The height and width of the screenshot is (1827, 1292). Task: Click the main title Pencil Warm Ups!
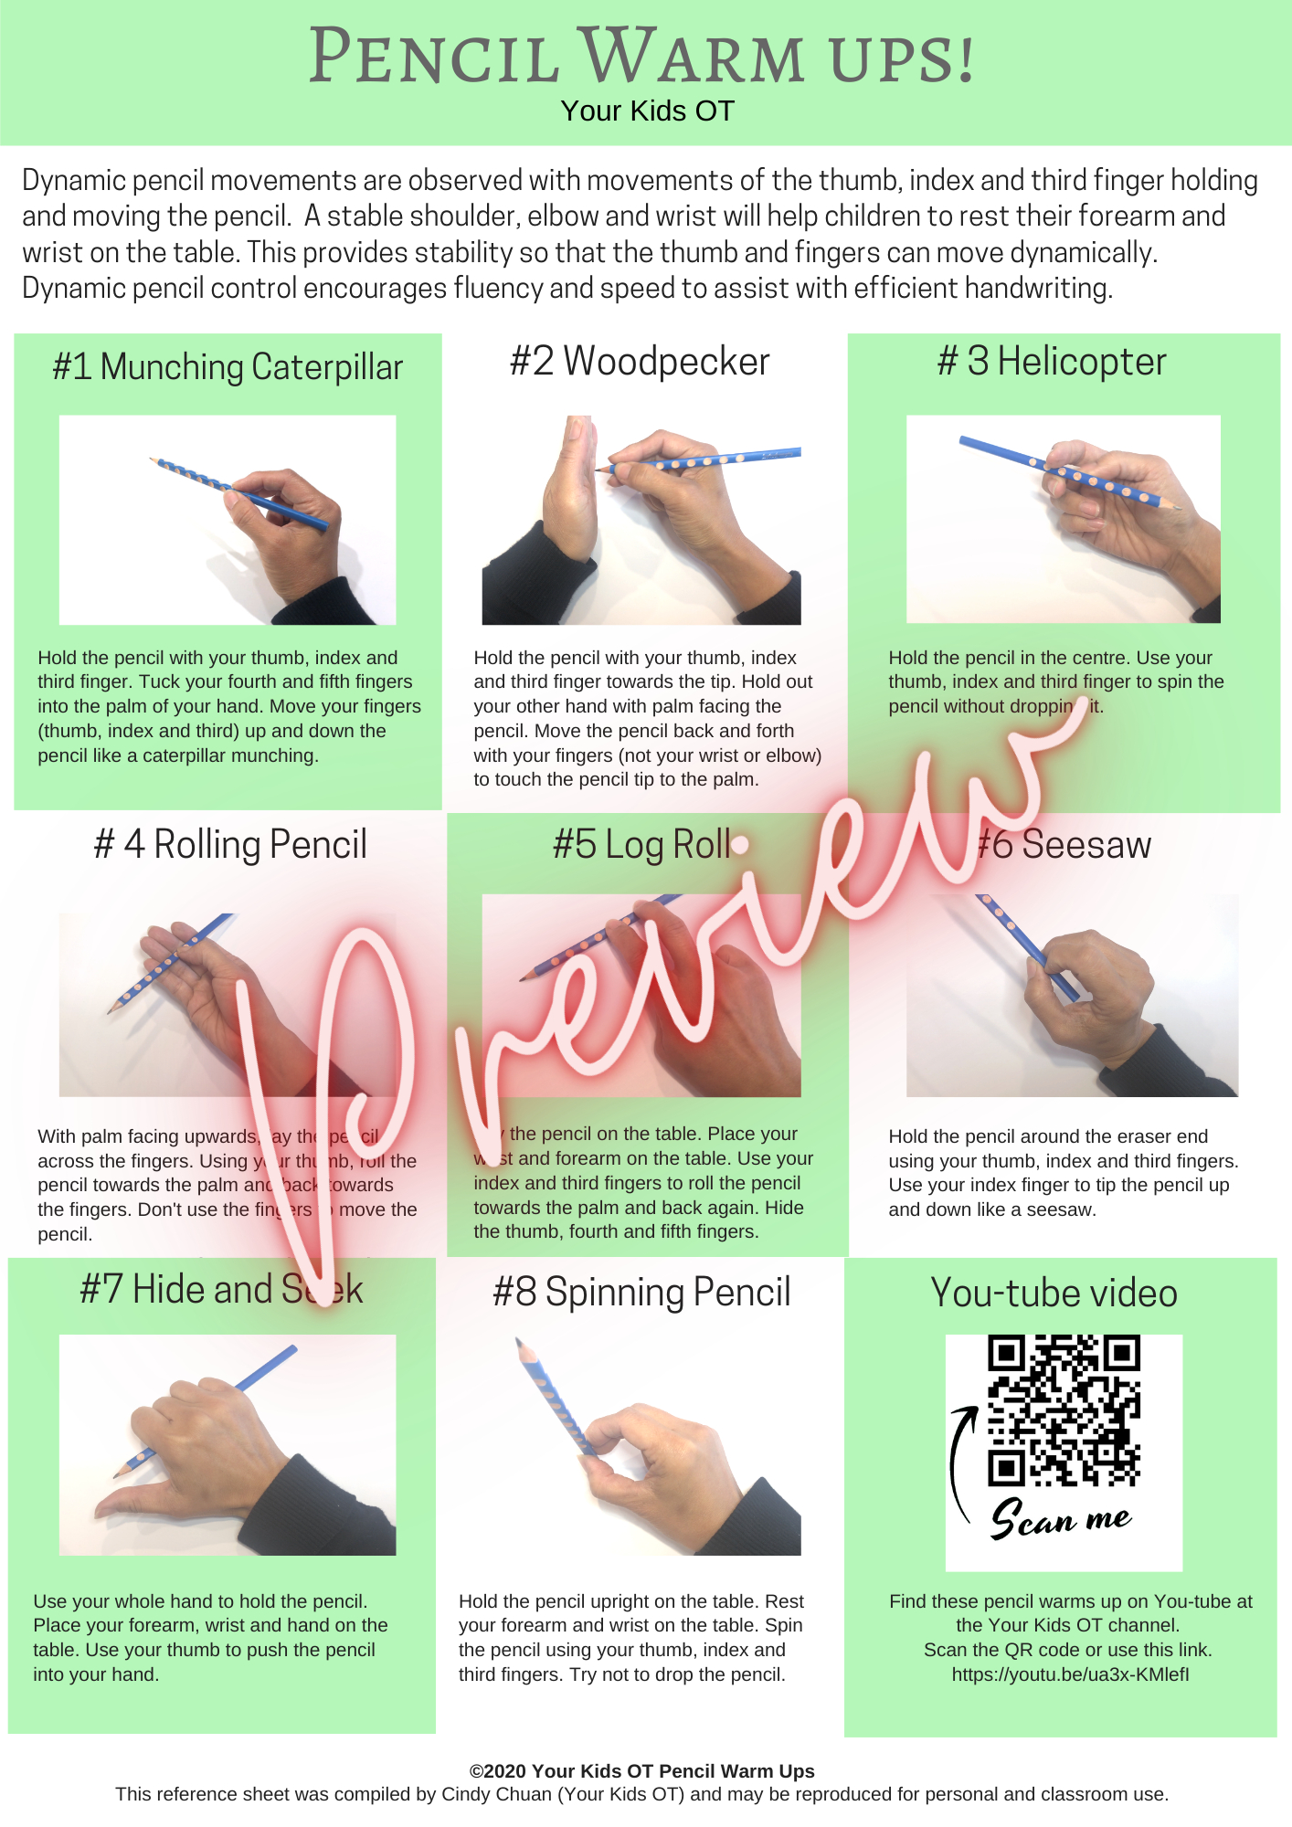pos(642,57)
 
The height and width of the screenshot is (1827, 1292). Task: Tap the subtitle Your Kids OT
pos(647,111)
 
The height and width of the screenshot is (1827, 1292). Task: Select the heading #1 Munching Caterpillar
pos(228,367)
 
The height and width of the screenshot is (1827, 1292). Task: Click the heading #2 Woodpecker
pos(640,362)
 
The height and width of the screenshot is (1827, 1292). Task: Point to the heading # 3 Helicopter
pos(1052,362)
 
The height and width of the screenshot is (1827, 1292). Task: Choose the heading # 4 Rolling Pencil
pos(230,844)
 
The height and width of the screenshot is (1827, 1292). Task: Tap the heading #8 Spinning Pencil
pos(641,1293)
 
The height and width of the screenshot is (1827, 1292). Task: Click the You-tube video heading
pos(1054,1294)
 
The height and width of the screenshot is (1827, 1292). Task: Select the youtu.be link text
pos(1070,1674)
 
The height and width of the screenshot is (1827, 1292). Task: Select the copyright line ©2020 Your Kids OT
pos(641,1771)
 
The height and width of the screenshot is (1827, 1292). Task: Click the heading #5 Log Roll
pos(641,844)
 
